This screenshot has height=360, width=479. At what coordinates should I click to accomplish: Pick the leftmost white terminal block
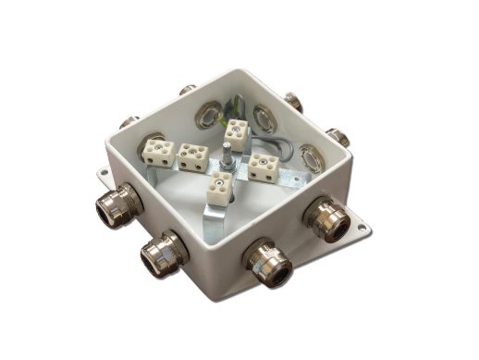pos(155,149)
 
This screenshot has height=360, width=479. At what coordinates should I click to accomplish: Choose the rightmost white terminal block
pos(264,167)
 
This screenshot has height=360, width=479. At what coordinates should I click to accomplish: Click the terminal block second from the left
pos(193,157)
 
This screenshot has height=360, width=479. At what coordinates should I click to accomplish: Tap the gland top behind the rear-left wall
pos(187,90)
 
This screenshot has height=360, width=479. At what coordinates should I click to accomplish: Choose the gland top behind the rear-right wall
pos(293,100)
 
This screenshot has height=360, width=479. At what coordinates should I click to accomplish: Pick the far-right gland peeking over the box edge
pos(339,138)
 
